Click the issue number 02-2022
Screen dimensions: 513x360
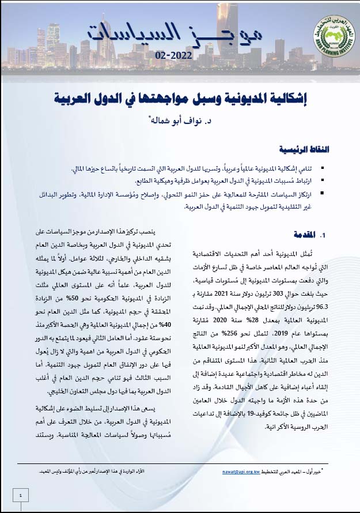pyautogui.click(x=174, y=55)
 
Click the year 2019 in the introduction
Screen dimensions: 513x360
pyautogui.click(x=290, y=333)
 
